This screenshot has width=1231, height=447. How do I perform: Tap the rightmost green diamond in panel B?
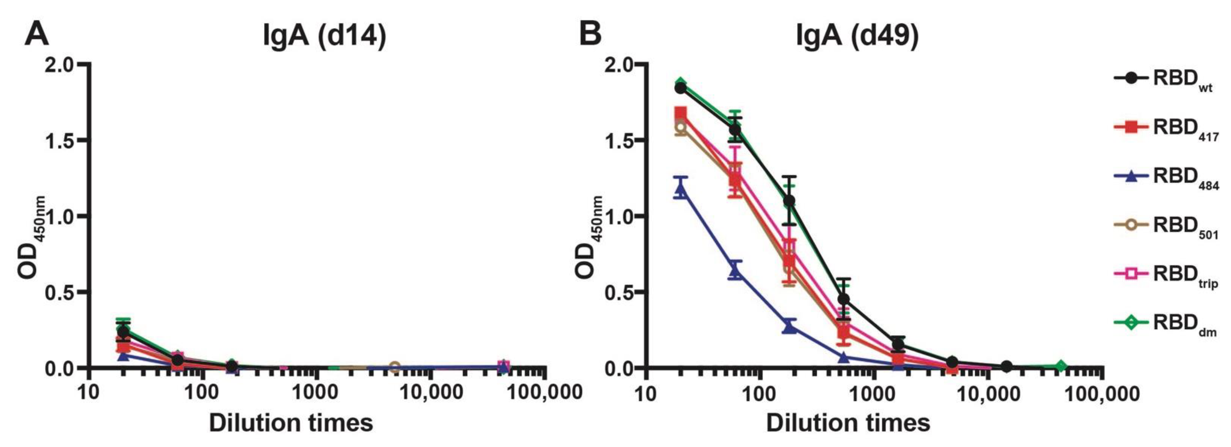(x=1060, y=366)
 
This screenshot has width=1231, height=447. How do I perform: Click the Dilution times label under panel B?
(x=848, y=423)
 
